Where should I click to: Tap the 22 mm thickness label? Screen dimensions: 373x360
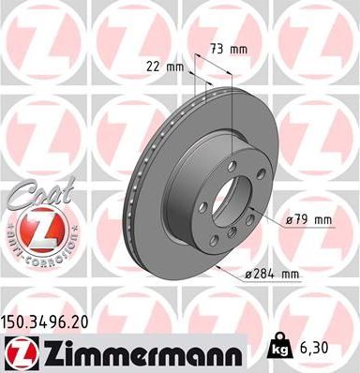coord(165,67)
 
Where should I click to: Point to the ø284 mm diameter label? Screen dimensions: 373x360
coord(272,274)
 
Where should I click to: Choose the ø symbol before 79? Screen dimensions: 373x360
coord(290,221)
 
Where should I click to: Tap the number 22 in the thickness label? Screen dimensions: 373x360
coord(154,67)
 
